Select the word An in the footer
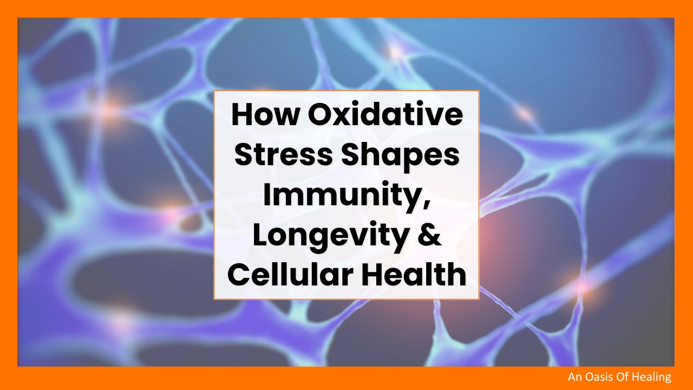pyautogui.click(x=575, y=376)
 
